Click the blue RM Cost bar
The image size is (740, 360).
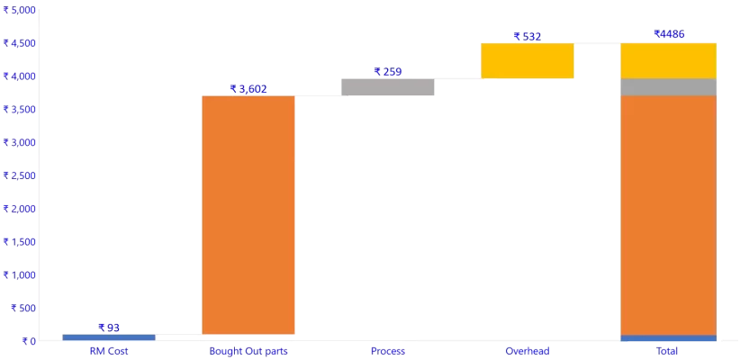tap(108, 337)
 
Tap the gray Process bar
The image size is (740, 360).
tap(387, 86)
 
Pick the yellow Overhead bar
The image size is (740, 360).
tap(527, 60)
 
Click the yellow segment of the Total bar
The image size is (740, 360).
tap(668, 60)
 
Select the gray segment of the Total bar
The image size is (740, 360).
tap(668, 86)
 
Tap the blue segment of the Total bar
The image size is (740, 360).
tap(668, 337)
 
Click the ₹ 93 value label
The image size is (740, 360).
tap(109, 328)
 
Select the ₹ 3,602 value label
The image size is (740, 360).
tap(248, 88)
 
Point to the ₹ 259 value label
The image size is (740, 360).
tap(387, 71)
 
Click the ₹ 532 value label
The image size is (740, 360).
tap(527, 36)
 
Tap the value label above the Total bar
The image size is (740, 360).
tap(669, 34)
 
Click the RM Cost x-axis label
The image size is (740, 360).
tap(108, 350)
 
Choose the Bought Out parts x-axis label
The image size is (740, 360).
tap(248, 350)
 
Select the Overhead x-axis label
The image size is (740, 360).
tap(527, 350)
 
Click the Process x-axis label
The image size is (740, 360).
tap(387, 350)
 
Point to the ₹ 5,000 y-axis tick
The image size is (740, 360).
tap(19, 10)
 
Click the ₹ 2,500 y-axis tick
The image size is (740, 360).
tap(19, 175)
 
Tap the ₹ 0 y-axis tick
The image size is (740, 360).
tap(23, 341)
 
